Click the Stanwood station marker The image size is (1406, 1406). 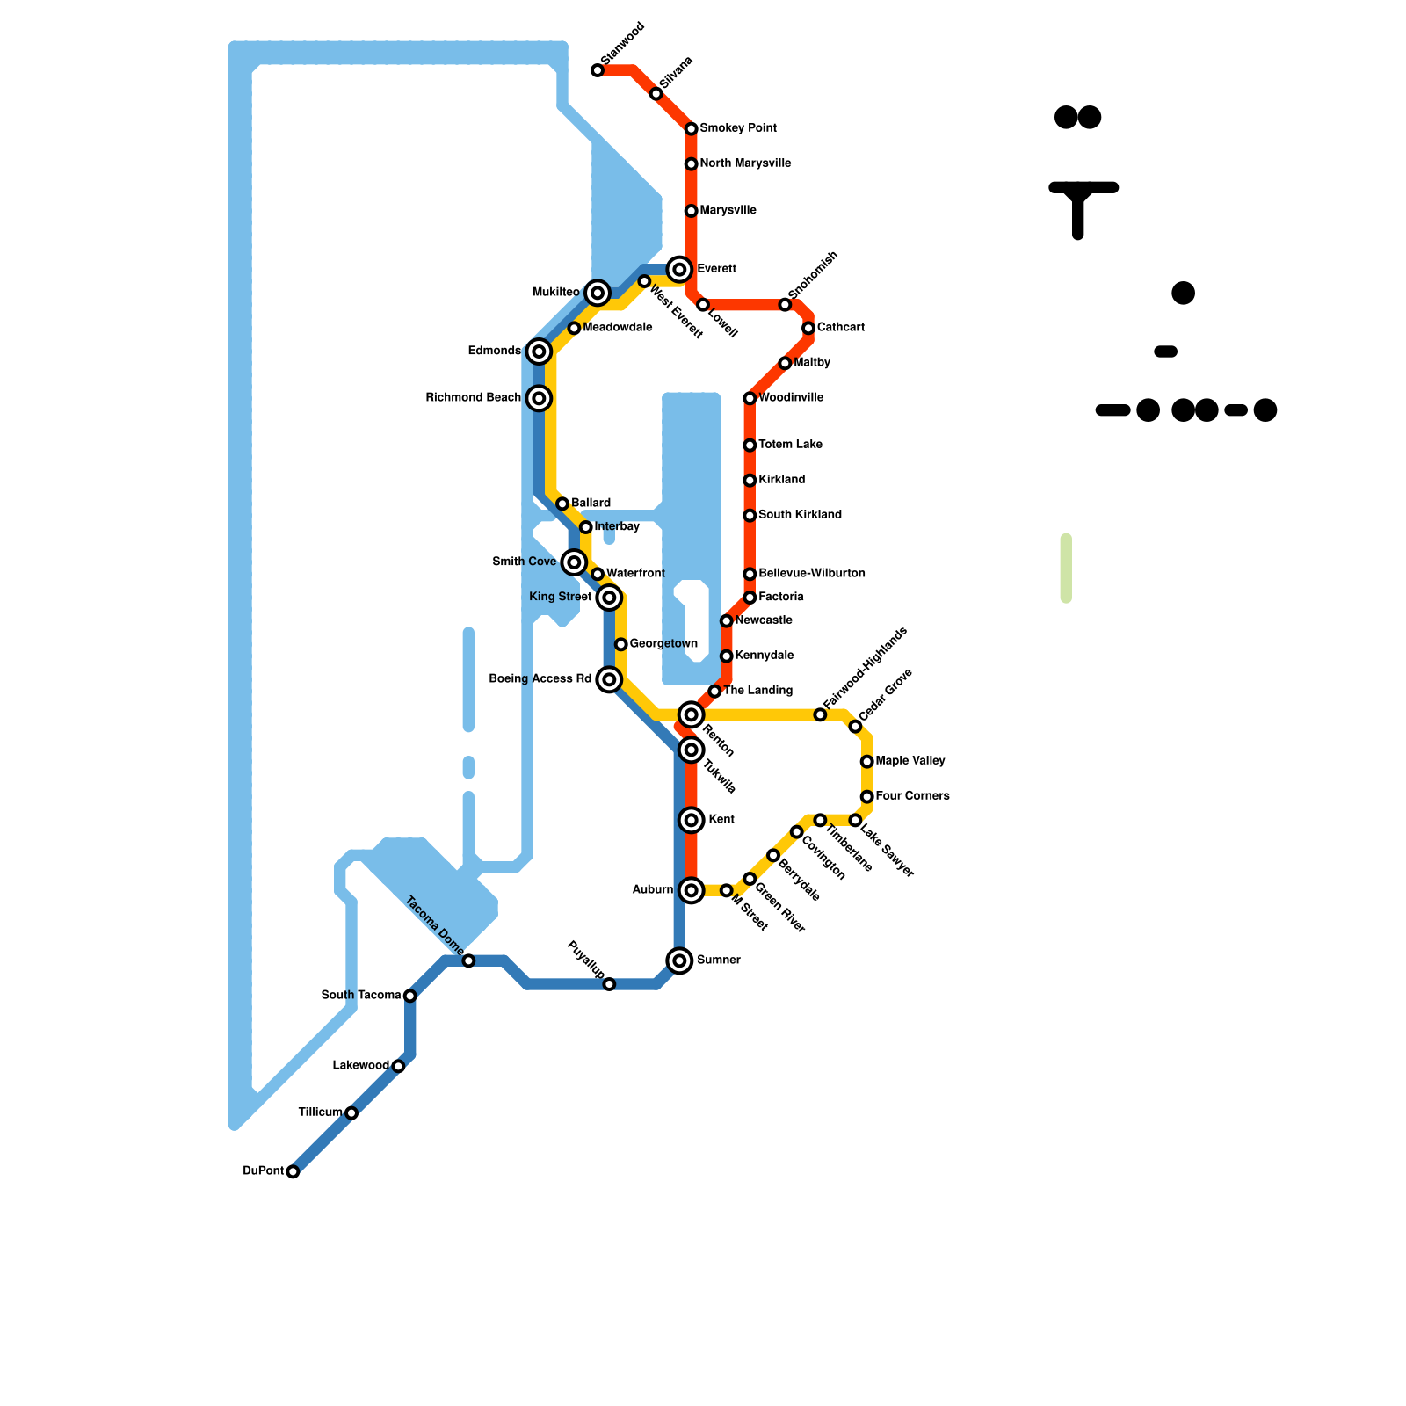point(598,70)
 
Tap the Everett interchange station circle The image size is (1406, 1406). point(679,269)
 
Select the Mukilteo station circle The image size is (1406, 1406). point(598,293)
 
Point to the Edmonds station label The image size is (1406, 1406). point(494,351)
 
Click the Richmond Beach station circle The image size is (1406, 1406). point(540,398)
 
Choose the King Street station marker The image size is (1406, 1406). point(609,598)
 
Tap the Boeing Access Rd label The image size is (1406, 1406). point(540,679)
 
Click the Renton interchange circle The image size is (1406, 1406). point(692,714)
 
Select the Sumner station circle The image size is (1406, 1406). point(679,960)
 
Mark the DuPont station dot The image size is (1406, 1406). point(293,1171)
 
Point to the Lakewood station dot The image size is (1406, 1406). point(398,1066)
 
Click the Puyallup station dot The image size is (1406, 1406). point(609,984)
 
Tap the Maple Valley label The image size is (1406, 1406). point(910,761)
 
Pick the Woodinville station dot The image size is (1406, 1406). point(750,398)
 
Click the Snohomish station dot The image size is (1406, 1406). point(785,305)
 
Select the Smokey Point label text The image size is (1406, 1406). point(738,128)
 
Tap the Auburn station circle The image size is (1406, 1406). point(692,890)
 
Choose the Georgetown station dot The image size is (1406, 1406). point(621,644)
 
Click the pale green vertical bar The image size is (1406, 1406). point(1066,569)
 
